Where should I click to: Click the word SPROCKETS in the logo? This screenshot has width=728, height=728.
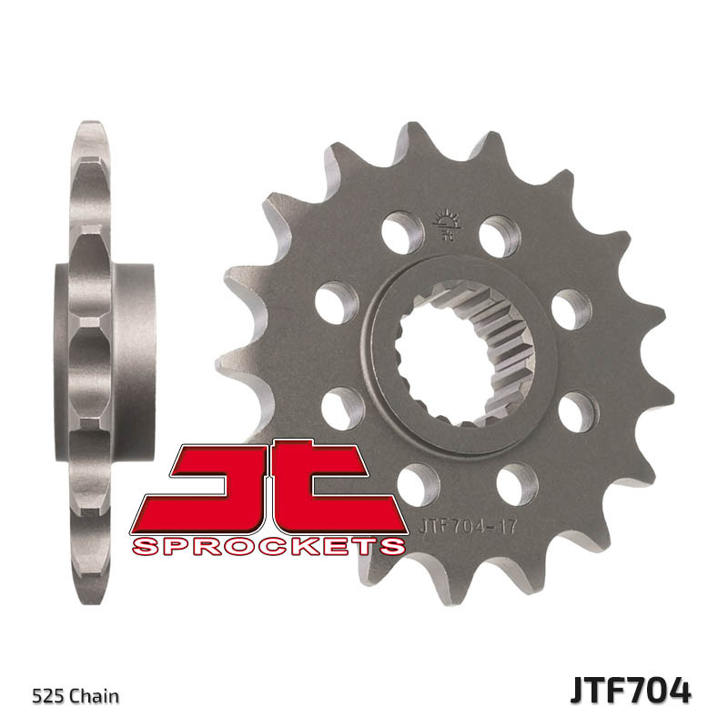point(268,546)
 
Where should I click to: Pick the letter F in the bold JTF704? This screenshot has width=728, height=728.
point(609,690)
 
